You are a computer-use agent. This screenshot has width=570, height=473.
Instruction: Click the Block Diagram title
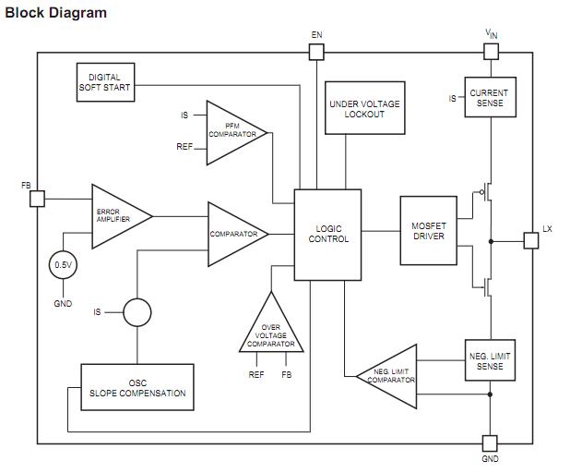click(x=56, y=13)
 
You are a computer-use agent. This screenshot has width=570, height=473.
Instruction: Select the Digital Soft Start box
click(x=104, y=83)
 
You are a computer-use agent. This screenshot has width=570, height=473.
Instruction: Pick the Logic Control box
click(x=327, y=234)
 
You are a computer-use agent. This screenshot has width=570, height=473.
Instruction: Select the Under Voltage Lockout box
click(x=364, y=109)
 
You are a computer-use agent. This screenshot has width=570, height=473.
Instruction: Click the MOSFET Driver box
click(x=429, y=230)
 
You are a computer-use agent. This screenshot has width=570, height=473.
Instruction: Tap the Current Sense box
click(x=489, y=98)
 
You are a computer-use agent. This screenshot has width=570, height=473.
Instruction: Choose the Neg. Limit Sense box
click(x=490, y=361)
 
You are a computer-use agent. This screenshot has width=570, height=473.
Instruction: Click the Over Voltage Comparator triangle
click(x=270, y=329)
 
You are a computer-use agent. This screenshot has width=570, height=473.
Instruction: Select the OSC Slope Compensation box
click(x=137, y=387)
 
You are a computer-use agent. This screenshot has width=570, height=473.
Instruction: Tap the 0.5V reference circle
click(x=63, y=265)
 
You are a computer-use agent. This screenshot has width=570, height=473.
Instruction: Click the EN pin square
click(x=316, y=53)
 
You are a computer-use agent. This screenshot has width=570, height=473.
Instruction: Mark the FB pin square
click(x=37, y=199)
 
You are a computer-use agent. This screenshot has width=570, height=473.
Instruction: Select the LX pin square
click(x=530, y=240)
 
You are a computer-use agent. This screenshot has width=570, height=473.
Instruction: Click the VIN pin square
click(x=491, y=53)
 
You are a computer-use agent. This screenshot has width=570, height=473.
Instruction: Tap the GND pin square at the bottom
click(x=491, y=443)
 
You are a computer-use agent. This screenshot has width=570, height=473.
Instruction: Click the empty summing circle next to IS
click(x=137, y=312)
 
